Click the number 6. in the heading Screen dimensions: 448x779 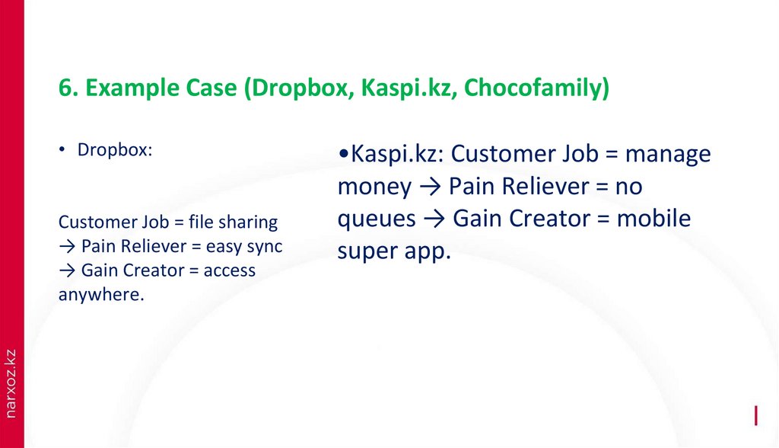pyautogui.click(x=68, y=88)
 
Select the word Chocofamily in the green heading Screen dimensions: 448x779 pyautogui.click(x=536, y=88)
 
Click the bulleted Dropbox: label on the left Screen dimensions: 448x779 pyautogui.click(x=115, y=150)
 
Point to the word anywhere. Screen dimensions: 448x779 pyautogui.click(x=100, y=295)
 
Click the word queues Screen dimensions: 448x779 pyautogui.click(x=377, y=220)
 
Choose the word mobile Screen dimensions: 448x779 pyautogui.click(x=653, y=219)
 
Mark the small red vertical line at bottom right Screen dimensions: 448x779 pyautogui.click(x=755, y=416)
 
